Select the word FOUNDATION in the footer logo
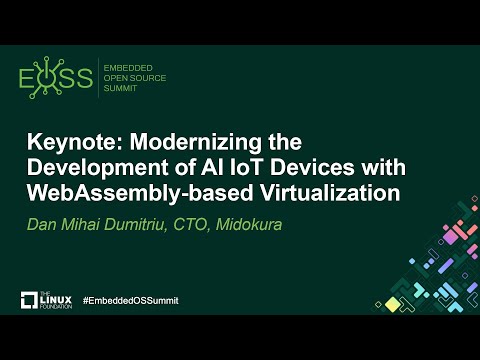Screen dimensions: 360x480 (57, 305)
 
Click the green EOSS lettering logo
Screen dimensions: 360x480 (56, 79)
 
